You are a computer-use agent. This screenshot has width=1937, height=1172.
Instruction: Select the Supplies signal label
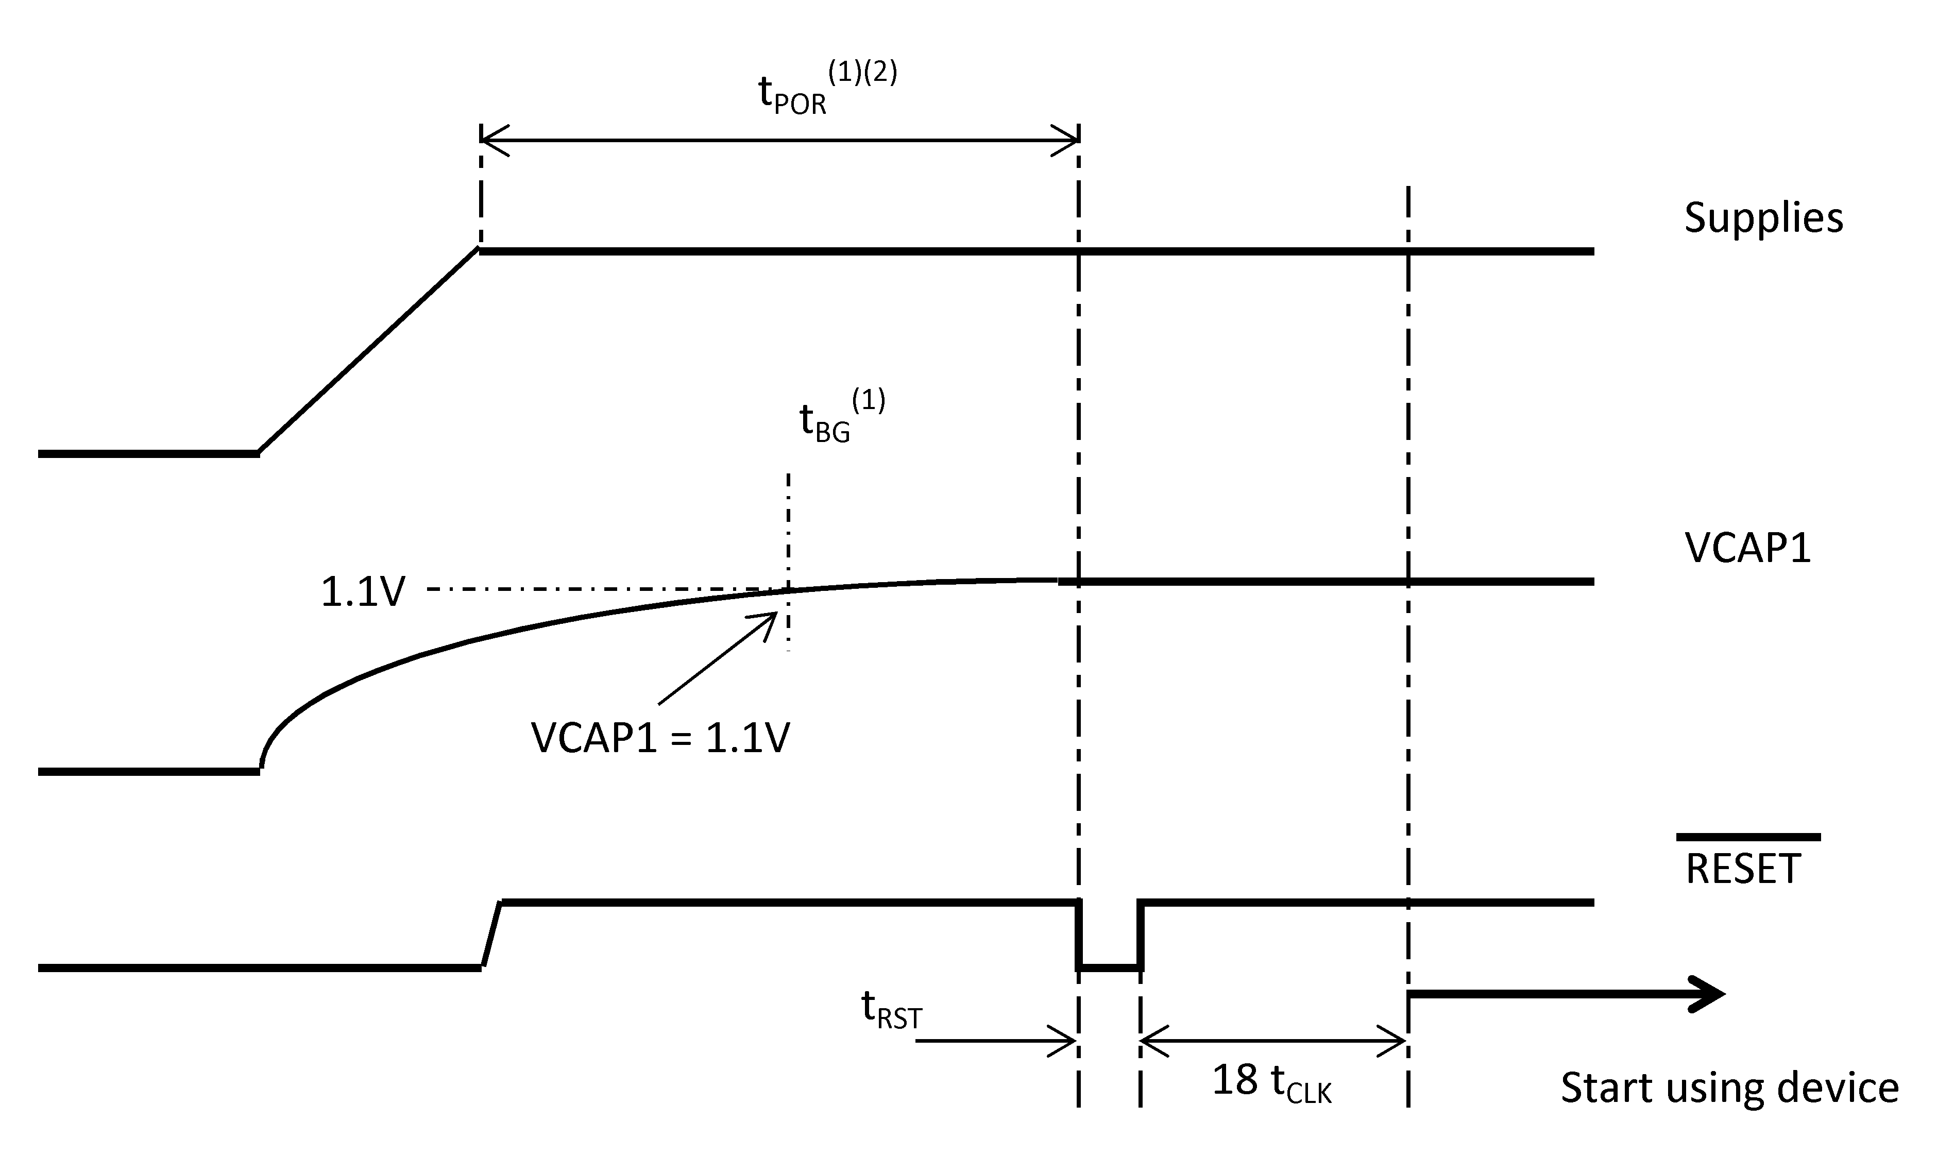click(x=1763, y=218)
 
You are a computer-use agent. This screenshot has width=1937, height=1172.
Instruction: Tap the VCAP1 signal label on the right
click(x=1747, y=547)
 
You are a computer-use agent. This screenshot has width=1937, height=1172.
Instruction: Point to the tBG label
click(x=825, y=422)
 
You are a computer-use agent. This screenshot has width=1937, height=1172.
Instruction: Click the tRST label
click(x=891, y=1010)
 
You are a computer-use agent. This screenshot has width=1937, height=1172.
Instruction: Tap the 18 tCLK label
click(x=1272, y=1082)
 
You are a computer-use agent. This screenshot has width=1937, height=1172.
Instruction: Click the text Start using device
click(x=1729, y=1088)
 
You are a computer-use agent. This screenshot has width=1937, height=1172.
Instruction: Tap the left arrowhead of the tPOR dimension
click(x=492, y=141)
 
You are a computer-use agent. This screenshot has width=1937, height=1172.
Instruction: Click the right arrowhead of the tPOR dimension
click(x=1067, y=141)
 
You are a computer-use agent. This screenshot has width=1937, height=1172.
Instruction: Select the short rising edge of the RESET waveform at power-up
click(x=492, y=936)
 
